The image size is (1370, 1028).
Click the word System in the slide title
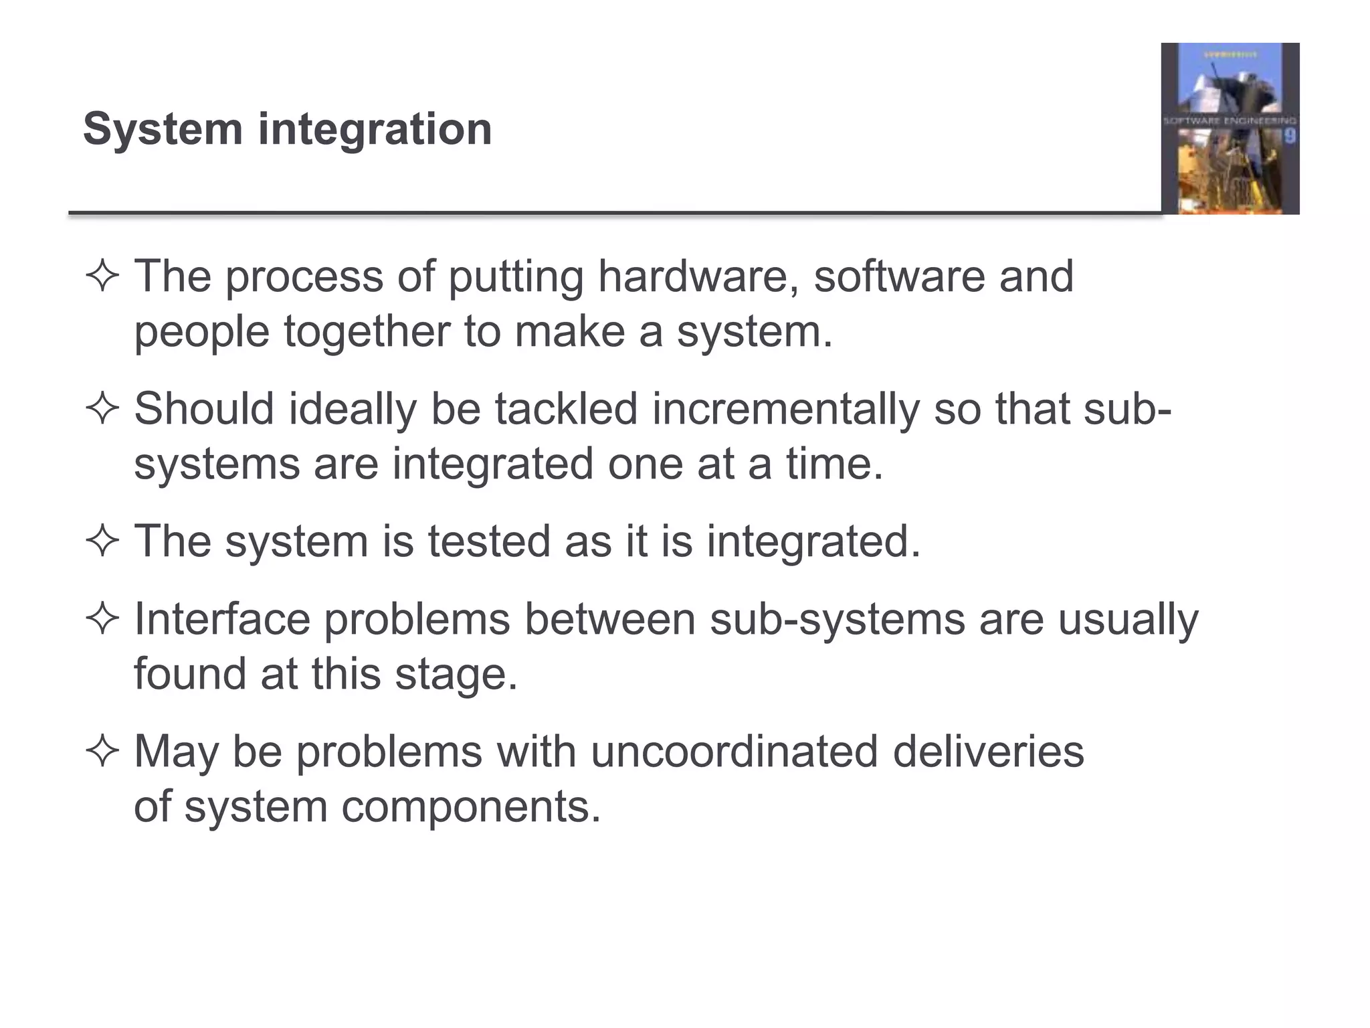(x=163, y=128)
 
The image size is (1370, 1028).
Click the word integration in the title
(x=375, y=128)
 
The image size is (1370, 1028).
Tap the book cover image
(x=1230, y=128)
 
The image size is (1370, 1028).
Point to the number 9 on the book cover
(x=1288, y=137)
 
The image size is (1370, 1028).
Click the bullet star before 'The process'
(x=102, y=276)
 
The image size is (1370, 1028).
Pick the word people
(x=201, y=332)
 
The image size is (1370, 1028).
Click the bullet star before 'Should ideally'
(x=102, y=409)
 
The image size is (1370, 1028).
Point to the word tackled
(x=566, y=408)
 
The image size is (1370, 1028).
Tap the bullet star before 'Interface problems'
(x=102, y=619)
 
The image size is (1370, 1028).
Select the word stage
(x=456, y=674)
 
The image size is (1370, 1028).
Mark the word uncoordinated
(x=734, y=751)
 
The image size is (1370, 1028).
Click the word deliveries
(x=988, y=751)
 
